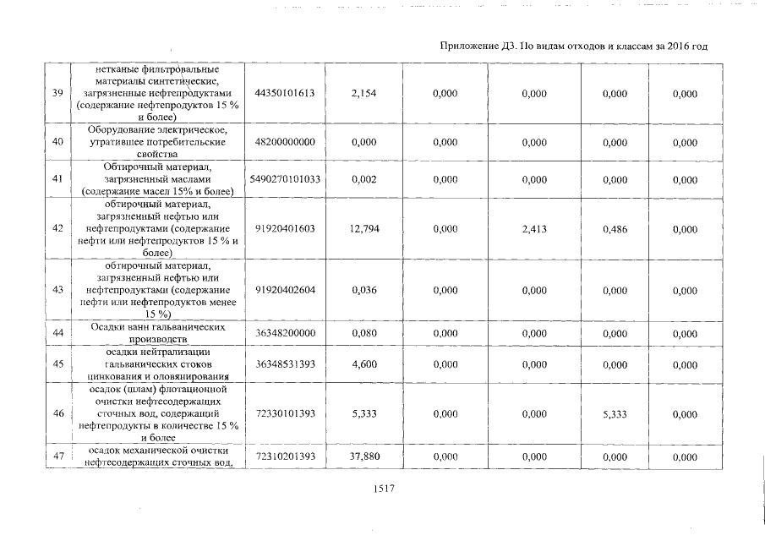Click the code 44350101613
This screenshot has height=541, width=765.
coord(285,93)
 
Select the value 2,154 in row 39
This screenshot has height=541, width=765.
coord(363,93)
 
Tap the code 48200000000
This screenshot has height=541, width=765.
coord(285,142)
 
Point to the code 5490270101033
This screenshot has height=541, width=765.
coord(285,180)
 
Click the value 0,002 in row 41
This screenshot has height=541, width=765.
coord(363,180)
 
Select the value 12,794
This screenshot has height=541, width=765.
coord(363,228)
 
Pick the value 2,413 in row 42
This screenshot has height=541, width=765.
coord(535,228)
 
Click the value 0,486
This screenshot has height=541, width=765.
coord(615,228)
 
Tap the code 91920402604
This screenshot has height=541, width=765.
coord(285,289)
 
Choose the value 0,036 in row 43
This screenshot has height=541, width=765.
coord(363,289)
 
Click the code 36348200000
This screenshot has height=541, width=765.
coord(285,333)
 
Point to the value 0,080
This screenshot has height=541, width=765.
coord(363,333)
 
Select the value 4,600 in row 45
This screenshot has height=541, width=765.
coord(363,364)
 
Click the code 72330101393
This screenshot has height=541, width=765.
coord(285,413)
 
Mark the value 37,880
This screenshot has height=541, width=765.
coord(363,456)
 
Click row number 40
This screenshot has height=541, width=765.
coord(58,142)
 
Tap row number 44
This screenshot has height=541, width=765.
coord(58,333)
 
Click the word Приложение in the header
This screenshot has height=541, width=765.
coord(472,46)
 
